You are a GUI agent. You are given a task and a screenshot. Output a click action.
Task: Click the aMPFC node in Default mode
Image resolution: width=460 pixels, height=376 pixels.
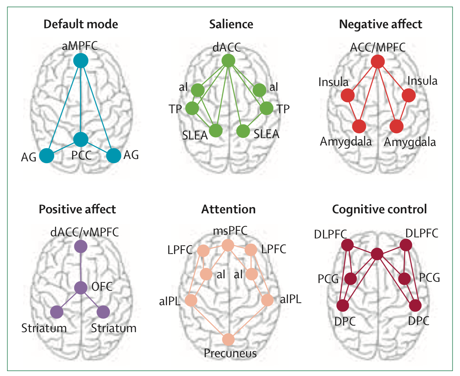click(81, 60)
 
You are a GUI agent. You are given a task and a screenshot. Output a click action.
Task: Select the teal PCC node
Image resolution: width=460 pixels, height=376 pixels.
click(81, 139)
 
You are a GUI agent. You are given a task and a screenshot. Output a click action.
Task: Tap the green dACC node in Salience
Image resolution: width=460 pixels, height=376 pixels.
click(228, 61)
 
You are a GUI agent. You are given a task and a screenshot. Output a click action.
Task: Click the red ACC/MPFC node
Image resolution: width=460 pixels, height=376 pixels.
click(378, 62)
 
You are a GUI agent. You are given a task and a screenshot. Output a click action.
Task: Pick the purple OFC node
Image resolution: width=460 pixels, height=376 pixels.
click(81, 288)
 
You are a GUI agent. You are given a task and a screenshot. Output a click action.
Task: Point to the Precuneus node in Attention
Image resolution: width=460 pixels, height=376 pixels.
click(228, 340)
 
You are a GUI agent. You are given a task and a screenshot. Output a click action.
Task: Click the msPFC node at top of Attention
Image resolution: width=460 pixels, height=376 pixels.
click(228, 245)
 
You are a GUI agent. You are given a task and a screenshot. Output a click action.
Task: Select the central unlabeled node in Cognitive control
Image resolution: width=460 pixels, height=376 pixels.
click(377, 254)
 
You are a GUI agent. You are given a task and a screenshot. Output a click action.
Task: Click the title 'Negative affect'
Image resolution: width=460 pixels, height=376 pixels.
click(380, 24)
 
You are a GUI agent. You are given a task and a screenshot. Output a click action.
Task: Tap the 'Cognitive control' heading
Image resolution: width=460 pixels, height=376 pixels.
click(379, 209)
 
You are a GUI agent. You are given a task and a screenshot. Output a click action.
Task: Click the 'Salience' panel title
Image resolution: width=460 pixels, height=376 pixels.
click(231, 24)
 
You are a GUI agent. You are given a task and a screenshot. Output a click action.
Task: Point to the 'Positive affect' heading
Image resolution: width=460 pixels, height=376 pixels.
click(77, 209)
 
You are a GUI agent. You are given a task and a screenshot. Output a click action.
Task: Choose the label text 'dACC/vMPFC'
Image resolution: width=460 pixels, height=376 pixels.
click(85, 232)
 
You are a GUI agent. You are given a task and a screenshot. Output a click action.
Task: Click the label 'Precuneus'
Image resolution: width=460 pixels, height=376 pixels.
click(230, 353)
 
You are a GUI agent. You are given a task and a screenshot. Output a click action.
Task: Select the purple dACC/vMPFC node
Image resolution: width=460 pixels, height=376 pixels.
click(81, 246)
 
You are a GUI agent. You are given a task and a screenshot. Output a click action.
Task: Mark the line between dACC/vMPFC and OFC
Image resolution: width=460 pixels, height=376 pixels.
click(81, 267)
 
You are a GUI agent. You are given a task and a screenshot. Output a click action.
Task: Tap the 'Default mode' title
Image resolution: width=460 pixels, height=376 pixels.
click(81, 24)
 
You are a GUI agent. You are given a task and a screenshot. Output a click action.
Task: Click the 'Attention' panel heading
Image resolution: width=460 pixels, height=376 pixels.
click(228, 209)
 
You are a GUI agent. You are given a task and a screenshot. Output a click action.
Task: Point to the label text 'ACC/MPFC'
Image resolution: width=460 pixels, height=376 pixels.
click(378, 48)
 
